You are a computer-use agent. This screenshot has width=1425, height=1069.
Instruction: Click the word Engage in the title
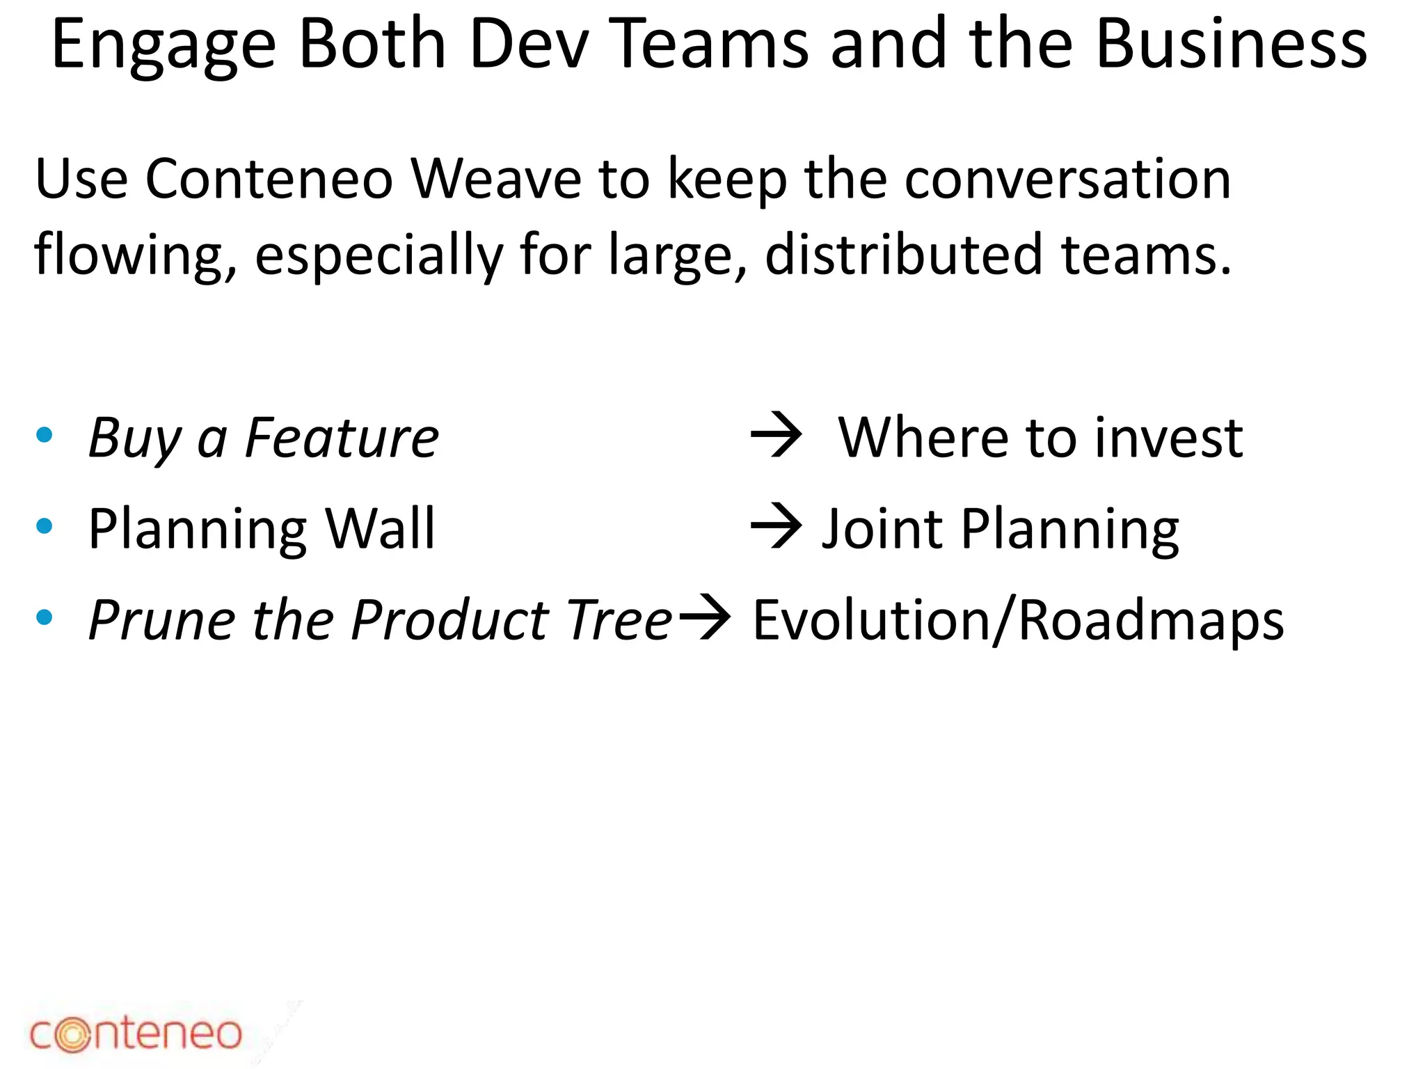164,46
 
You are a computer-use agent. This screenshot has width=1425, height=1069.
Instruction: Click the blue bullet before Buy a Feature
45,436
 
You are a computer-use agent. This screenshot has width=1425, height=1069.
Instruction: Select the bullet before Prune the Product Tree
45,617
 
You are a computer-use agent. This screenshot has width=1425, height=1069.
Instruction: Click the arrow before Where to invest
776,436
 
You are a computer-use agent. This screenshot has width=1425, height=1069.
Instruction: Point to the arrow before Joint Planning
776,527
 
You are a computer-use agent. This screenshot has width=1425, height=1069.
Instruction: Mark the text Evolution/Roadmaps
1018,620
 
